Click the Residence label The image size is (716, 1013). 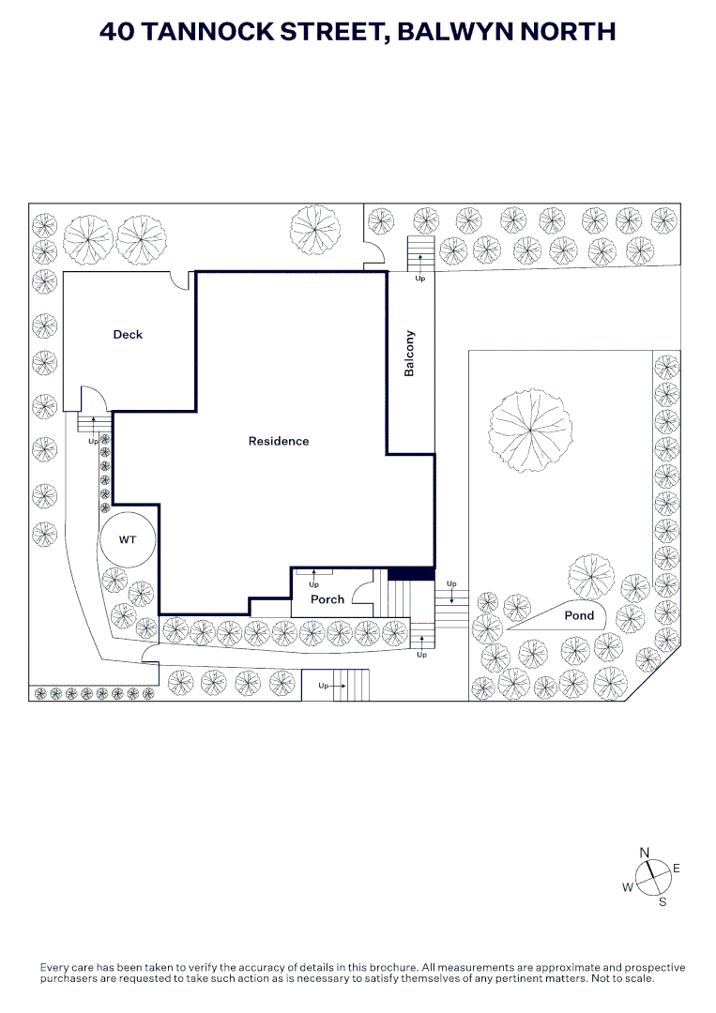tap(278, 441)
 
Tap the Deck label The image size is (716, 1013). tap(128, 335)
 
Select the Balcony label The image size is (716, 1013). tap(409, 354)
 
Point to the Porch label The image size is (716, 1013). tap(328, 599)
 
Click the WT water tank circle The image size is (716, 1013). tap(129, 540)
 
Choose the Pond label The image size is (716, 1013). tap(579, 615)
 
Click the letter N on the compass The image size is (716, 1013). tap(645, 852)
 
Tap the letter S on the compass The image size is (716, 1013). tap(662, 902)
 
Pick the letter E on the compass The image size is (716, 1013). tap(677, 869)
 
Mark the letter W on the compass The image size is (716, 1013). tap(628, 887)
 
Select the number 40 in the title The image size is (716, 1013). tap(116, 32)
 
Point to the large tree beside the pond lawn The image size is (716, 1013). tap(531, 430)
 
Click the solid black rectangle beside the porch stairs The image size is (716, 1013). tap(410, 573)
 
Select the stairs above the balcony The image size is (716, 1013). tap(419, 254)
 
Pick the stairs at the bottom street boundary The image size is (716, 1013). tap(349, 686)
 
